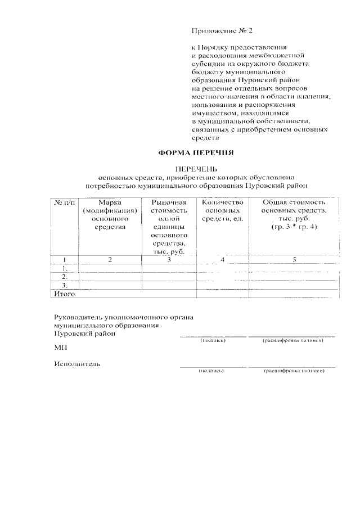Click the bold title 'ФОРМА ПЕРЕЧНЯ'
(x=195, y=152)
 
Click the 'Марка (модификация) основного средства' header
(x=110, y=214)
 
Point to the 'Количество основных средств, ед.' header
(x=222, y=210)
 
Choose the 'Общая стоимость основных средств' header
(x=294, y=210)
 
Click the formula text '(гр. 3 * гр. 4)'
(x=294, y=226)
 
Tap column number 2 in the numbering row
(x=110, y=259)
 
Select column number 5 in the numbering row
(x=294, y=259)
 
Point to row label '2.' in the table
(x=65, y=277)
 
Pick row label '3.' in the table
(x=65, y=285)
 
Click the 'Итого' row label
(x=64, y=294)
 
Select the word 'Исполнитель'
(x=77, y=363)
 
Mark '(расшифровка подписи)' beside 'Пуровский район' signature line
(x=292, y=341)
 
